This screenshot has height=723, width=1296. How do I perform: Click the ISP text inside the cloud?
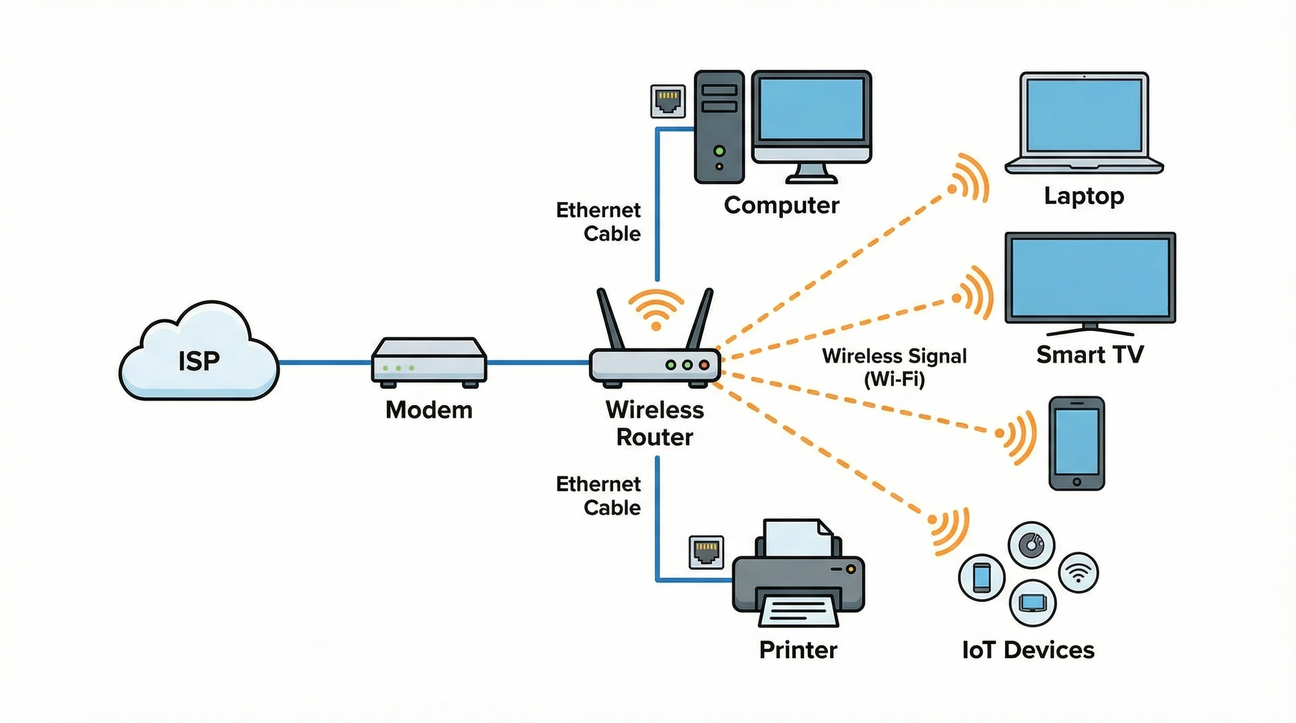click(x=199, y=361)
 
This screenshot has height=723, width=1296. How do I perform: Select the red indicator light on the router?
click(x=704, y=365)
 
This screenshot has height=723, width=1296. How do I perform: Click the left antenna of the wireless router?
click(x=610, y=319)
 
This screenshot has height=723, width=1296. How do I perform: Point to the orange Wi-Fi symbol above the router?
click(x=656, y=309)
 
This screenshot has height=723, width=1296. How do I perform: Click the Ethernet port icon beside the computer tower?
click(x=668, y=101)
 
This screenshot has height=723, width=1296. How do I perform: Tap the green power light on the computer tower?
click(x=720, y=150)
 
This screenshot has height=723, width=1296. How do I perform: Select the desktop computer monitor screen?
click(x=811, y=109)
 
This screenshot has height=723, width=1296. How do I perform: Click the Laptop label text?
click(x=1084, y=196)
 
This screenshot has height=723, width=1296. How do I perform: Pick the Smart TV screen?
click(x=1090, y=277)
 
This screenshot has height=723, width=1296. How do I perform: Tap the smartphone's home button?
click(x=1077, y=482)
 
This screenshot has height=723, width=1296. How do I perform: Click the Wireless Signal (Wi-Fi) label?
click(x=894, y=367)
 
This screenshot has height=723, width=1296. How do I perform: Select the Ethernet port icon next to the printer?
click(x=706, y=552)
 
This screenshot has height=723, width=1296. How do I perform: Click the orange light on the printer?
click(x=850, y=569)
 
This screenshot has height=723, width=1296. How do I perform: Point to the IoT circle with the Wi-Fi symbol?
click(x=1078, y=573)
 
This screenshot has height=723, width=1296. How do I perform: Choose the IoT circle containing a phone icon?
click(x=981, y=577)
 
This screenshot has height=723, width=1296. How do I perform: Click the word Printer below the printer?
click(x=798, y=650)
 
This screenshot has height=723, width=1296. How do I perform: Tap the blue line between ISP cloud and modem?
click(x=325, y=362)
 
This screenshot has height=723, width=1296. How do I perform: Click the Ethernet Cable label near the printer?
click(x=599, y=496)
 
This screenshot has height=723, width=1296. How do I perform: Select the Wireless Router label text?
click(x=655, y=423)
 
